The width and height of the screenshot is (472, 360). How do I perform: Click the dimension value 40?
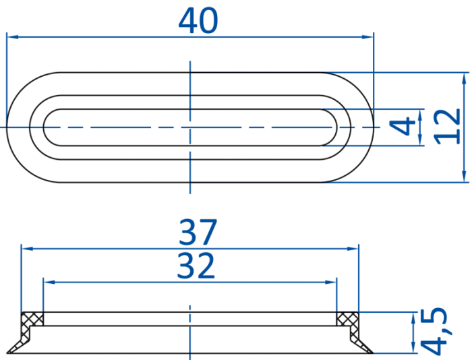pos(198,20)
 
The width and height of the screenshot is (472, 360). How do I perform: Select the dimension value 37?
pos(198,232)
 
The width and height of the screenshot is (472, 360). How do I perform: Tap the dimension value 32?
pos(196,266)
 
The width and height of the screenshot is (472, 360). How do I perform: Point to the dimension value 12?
pos(447,127)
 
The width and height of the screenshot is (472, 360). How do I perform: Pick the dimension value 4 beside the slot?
pos(403,127)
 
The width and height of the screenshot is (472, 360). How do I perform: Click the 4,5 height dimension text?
pos(434,330)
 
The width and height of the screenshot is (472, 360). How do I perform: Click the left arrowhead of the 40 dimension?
pos(13,36)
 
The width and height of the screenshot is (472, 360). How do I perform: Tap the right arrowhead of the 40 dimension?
pos(367,37)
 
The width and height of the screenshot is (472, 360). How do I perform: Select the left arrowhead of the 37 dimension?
pos(27,249)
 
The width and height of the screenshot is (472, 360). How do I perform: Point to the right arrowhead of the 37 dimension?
pos(353,249)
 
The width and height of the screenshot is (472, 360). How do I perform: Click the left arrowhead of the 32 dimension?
pos(49,282)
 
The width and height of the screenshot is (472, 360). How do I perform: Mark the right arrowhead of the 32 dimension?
pos(330,282)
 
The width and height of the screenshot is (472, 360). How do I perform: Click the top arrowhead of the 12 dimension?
pos(464,78)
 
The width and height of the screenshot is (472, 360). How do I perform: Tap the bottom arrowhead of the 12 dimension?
pos(464,176)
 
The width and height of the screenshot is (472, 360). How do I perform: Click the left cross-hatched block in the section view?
pos(32,319)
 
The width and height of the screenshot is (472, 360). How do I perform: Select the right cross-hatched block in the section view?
pos(348,319)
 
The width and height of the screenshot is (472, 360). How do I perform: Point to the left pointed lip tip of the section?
pos(7,353)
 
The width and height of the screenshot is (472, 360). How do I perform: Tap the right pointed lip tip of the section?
pos(373,353)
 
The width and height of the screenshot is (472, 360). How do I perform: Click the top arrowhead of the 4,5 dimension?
pos(413,318)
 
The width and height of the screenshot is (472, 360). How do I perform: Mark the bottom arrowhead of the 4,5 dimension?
pos(413,347)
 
